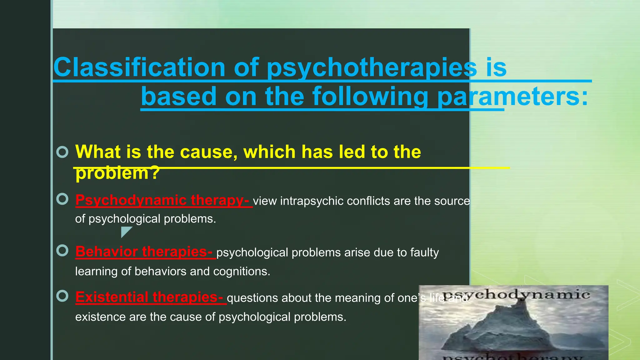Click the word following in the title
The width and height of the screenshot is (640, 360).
point(370,97)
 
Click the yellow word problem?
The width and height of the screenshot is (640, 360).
point(117,173)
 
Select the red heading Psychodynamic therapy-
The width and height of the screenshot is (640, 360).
point(162,200)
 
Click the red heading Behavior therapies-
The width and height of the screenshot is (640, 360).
point(144,252)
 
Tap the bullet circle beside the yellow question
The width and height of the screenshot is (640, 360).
point(62,152)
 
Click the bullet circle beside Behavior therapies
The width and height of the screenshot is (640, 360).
point(62,250)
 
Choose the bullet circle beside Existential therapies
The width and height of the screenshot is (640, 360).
point(62,296)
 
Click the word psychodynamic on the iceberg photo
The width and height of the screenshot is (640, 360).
point(516,294)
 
